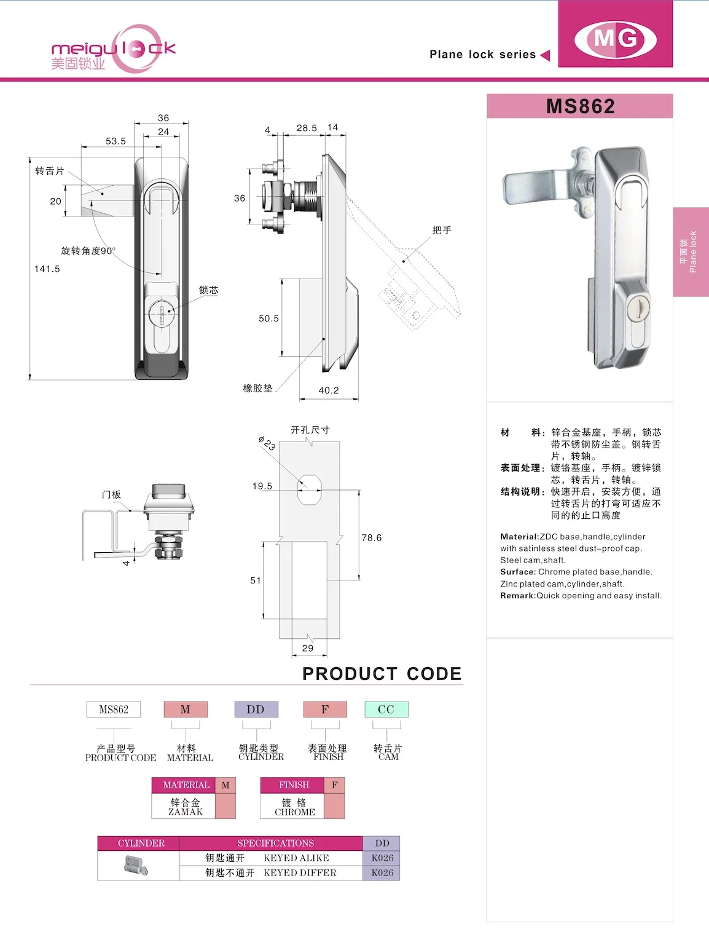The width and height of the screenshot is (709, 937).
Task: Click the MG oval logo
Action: (x=615, y=39)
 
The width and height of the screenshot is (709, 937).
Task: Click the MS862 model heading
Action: (x=580, y=106)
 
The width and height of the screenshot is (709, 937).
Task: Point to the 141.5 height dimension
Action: (x=47, y=269)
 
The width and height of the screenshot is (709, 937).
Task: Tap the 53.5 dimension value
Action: (x=116, y=141)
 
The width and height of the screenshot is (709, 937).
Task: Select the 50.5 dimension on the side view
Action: (x=268, y=318)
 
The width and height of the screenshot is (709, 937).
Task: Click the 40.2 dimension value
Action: (x=329, y=390)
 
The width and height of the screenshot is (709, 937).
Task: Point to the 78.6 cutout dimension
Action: (x=371, y=537)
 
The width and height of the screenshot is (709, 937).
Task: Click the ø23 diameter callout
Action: (x=267, y=443)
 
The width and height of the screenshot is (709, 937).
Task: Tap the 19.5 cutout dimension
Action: (x=262, y=486)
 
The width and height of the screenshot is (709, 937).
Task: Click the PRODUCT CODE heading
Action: (x=382, y=674)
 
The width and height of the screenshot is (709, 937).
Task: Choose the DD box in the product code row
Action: (x=256, y=710)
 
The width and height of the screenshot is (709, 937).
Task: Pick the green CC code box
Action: (x=386, y=710)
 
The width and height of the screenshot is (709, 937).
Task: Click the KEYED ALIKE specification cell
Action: (x=296, y=858)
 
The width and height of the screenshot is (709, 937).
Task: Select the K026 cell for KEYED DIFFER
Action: (x=382, y=873)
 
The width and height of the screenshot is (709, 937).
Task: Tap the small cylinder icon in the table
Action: (x=136, y=866)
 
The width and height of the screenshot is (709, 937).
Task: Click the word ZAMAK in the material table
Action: (x=186, y=812)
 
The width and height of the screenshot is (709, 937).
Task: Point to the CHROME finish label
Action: (x=295, y=812)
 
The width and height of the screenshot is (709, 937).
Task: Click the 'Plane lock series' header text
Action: (x=482, y=54)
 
